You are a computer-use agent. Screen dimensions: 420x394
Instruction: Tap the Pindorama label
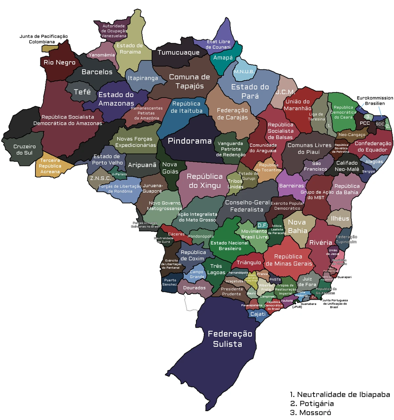click(x=189, y=141)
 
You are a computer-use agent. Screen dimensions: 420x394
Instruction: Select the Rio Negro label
click(x=59, y=62)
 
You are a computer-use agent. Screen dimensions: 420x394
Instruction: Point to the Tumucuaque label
click(x=178, y=52)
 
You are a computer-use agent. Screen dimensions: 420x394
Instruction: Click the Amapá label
click(x=223, y=58)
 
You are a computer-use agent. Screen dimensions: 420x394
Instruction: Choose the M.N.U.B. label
click(x=244, y=72)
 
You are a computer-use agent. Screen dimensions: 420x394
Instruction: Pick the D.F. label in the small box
click(x=262, y=225)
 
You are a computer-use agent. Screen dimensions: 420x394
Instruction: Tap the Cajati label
click(x=258, y=314)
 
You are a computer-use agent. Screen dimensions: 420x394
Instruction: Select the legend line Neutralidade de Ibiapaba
click(x=340, y=394)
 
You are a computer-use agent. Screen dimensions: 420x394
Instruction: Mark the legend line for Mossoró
click(x=310, y=413)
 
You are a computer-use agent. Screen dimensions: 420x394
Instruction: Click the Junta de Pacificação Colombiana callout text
click(x=43, y=39)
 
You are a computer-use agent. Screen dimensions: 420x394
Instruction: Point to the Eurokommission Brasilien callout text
click(x=375, y=101)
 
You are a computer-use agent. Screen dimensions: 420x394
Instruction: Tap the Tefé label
click(x=82, y=92)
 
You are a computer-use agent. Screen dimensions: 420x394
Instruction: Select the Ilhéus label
click(x=340, y=219)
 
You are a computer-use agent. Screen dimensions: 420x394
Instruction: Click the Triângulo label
click(x=249, y=262)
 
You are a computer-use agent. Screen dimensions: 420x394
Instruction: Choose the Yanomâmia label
click(x=101, y=55)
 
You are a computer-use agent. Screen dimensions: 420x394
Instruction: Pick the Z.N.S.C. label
click(x=100, y=178)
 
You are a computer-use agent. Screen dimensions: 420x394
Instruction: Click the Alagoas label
click(x=374, y=161)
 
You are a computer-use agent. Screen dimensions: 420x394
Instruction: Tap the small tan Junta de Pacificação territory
click(x=49, y=48)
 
